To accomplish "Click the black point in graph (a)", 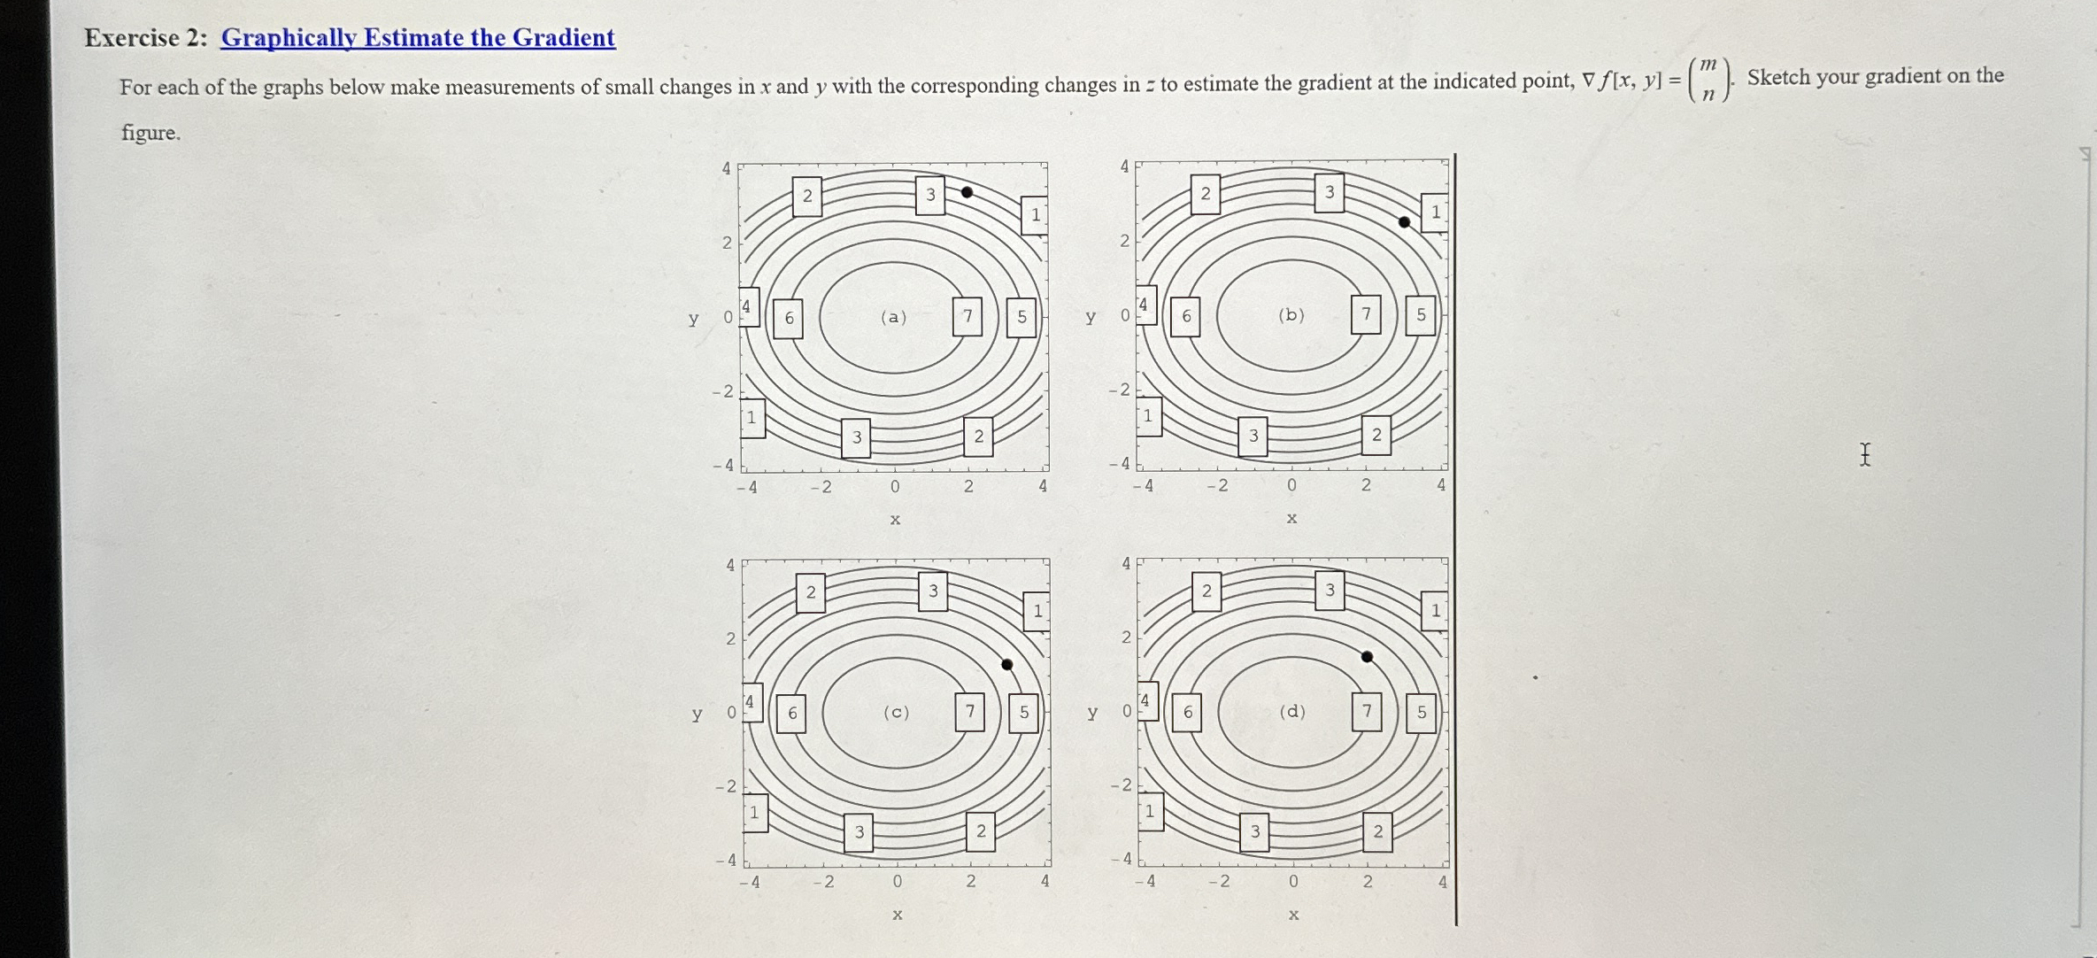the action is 967,192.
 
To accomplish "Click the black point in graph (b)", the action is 1404,222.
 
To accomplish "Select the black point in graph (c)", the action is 1006,664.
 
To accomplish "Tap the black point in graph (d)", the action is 1367,657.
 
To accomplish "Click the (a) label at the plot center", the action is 893,317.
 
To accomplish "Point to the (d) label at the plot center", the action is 1292,711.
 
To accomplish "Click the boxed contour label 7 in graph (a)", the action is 968,316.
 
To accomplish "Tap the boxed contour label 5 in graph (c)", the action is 1024,712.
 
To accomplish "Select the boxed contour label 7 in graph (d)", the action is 1367,711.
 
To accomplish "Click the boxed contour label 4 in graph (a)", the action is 748,306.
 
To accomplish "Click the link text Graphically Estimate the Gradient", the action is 418,37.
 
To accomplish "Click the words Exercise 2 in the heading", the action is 132,37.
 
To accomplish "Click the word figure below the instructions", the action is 150,133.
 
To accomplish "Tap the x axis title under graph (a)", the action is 895,519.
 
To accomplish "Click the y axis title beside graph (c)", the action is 697,714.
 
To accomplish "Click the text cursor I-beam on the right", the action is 1865,455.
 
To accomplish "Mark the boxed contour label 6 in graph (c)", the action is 792,713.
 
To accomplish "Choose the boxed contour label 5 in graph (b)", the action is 1422,314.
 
